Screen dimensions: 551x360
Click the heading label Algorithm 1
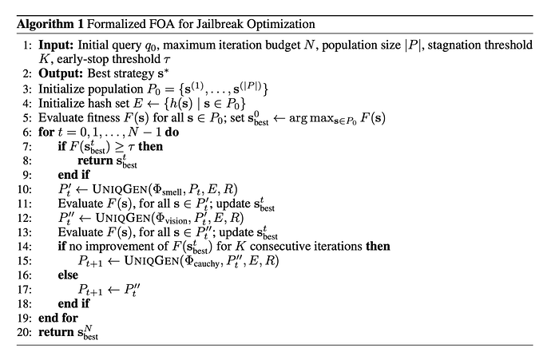(x=50, y=24)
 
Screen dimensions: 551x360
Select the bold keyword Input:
(x=56, y=45)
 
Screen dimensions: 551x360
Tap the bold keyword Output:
(x=61, y=73)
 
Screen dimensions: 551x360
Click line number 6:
(x=26, y=133)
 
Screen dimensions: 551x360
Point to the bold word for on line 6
(x=46, y=132)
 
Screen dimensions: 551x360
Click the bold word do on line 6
(x=172, y=132)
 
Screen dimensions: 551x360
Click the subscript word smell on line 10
(x=172, y=192)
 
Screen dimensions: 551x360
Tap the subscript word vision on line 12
(x=176, y=221)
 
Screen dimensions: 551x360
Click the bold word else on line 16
(x=68, y=275)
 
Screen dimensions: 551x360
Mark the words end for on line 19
(x=58, y=318)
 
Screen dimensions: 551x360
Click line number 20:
(x=24, y=332)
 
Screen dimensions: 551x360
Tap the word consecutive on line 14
(x=278, y=246)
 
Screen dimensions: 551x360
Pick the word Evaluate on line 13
(x=80, y=232)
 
